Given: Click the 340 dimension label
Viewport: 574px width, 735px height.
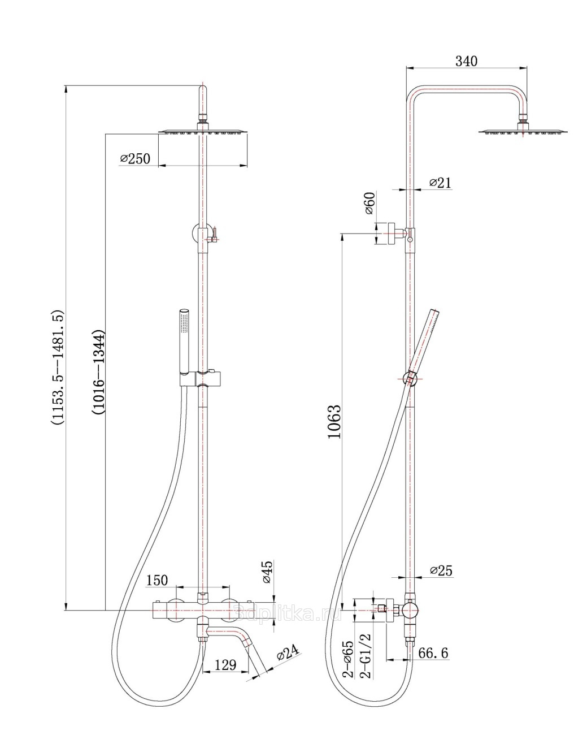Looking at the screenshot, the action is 467,61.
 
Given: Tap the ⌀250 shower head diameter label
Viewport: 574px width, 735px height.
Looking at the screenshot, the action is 135,158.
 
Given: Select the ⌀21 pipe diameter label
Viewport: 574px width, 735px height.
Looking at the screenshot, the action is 440,183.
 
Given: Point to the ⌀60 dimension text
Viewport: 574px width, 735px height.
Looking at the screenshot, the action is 369,203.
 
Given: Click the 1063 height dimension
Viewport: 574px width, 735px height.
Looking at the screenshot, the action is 334,421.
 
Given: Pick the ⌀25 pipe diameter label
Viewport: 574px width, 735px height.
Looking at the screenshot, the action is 441,570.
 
